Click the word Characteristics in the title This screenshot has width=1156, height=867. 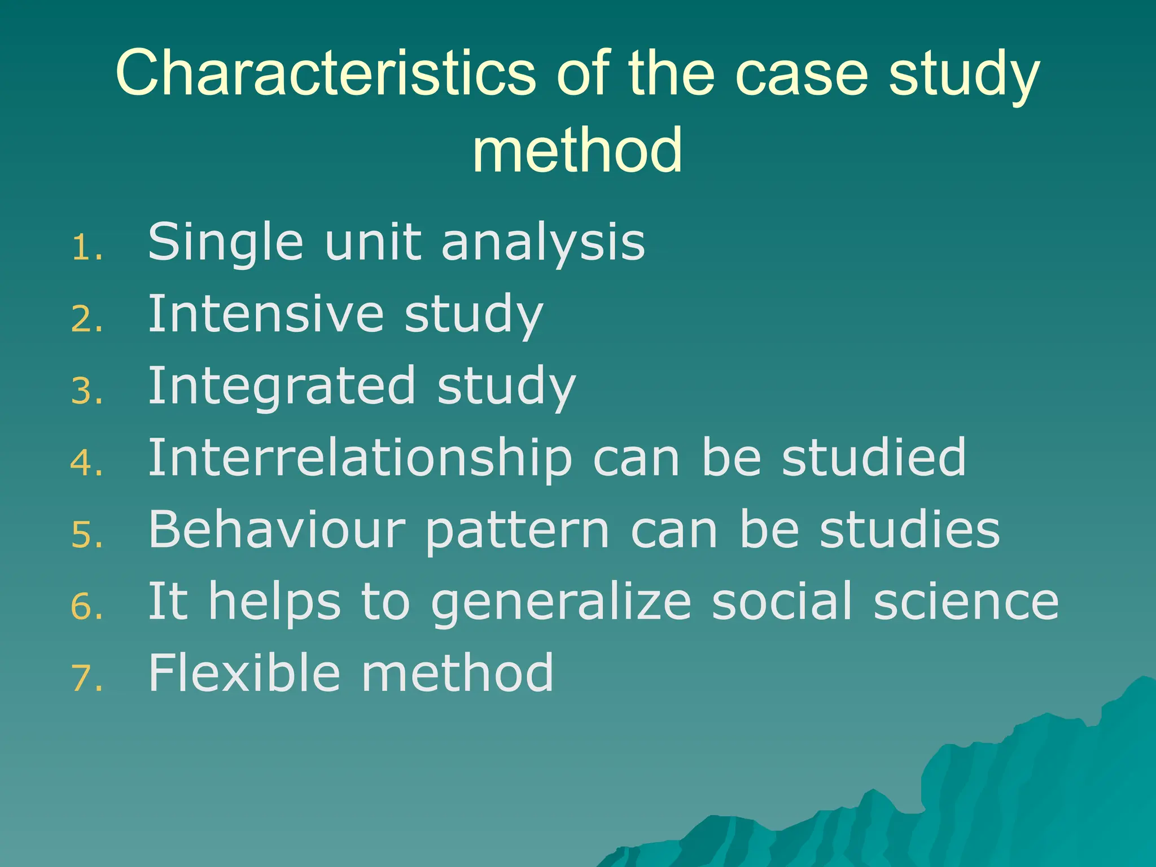pyautogui.click(x=325, y=73)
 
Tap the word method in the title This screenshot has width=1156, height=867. pyautogui.click(x=577, y=150)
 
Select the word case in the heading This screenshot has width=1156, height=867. pyautogui.click(x=802, y=73)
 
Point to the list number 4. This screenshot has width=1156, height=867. pyautogui.click(x=86, y=463)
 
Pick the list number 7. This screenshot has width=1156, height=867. pyautogui.click(x=86, y=678)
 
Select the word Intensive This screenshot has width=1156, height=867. pyautogui.click(x=265, y=314)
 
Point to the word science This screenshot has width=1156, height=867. pyautogui.click(x=966, y=602)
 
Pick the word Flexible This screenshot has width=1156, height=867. pyautogui.click(x=244, y=673)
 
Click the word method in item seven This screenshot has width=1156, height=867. pyautogui.click(x=457, y=673)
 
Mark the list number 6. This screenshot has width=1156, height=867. pyautogui.click(x=86, y=607)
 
